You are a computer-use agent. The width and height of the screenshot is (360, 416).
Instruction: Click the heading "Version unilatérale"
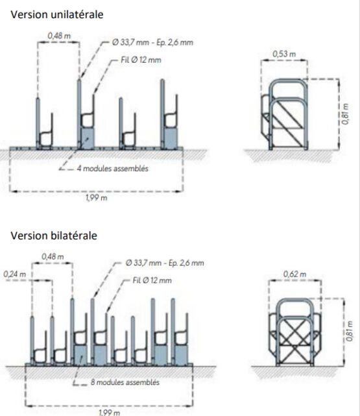pos(56,14)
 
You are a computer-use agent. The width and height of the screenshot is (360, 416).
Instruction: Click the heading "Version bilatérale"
pos(54,236)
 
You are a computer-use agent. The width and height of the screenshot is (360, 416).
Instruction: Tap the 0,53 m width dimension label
pos(284,54)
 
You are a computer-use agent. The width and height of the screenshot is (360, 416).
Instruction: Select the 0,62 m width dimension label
pos(294,274)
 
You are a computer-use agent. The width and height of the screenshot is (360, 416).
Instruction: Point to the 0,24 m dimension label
pos(14,274)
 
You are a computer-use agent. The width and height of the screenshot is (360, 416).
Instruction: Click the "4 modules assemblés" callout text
pos(113,169)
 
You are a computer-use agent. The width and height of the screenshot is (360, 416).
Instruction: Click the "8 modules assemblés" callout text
pos(125,382)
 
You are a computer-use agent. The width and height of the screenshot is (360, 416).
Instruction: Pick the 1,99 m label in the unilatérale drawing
pos(97,198)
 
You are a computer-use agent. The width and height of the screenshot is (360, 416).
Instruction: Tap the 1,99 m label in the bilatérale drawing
pos(109,412)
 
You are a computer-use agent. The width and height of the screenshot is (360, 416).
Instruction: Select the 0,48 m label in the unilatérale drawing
pos(59,36)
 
